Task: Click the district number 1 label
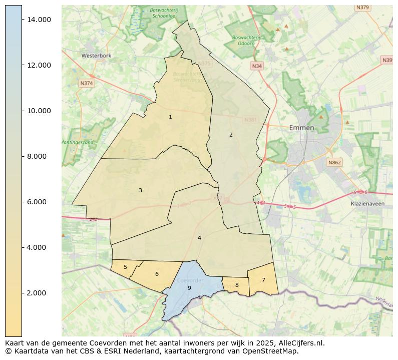click(170, 117)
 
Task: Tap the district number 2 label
click(231, 135)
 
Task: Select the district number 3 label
click(140, 190)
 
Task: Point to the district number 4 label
click(199, 238)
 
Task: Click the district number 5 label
click(125, 267)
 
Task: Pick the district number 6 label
click(157, 274)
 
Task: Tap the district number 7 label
click(263, 280)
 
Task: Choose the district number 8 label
click(237, 285)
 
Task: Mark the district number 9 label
click(189, 288)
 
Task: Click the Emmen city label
click(301, 128)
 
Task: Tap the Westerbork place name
click(96, 56)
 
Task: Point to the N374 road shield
click(86, 83)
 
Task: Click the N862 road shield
click(334, 163)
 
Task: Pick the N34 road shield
click(257, 66)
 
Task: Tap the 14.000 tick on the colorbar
click(39, 20)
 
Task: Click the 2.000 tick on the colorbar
click(39, 293)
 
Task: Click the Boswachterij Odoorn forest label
click(246, 40)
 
